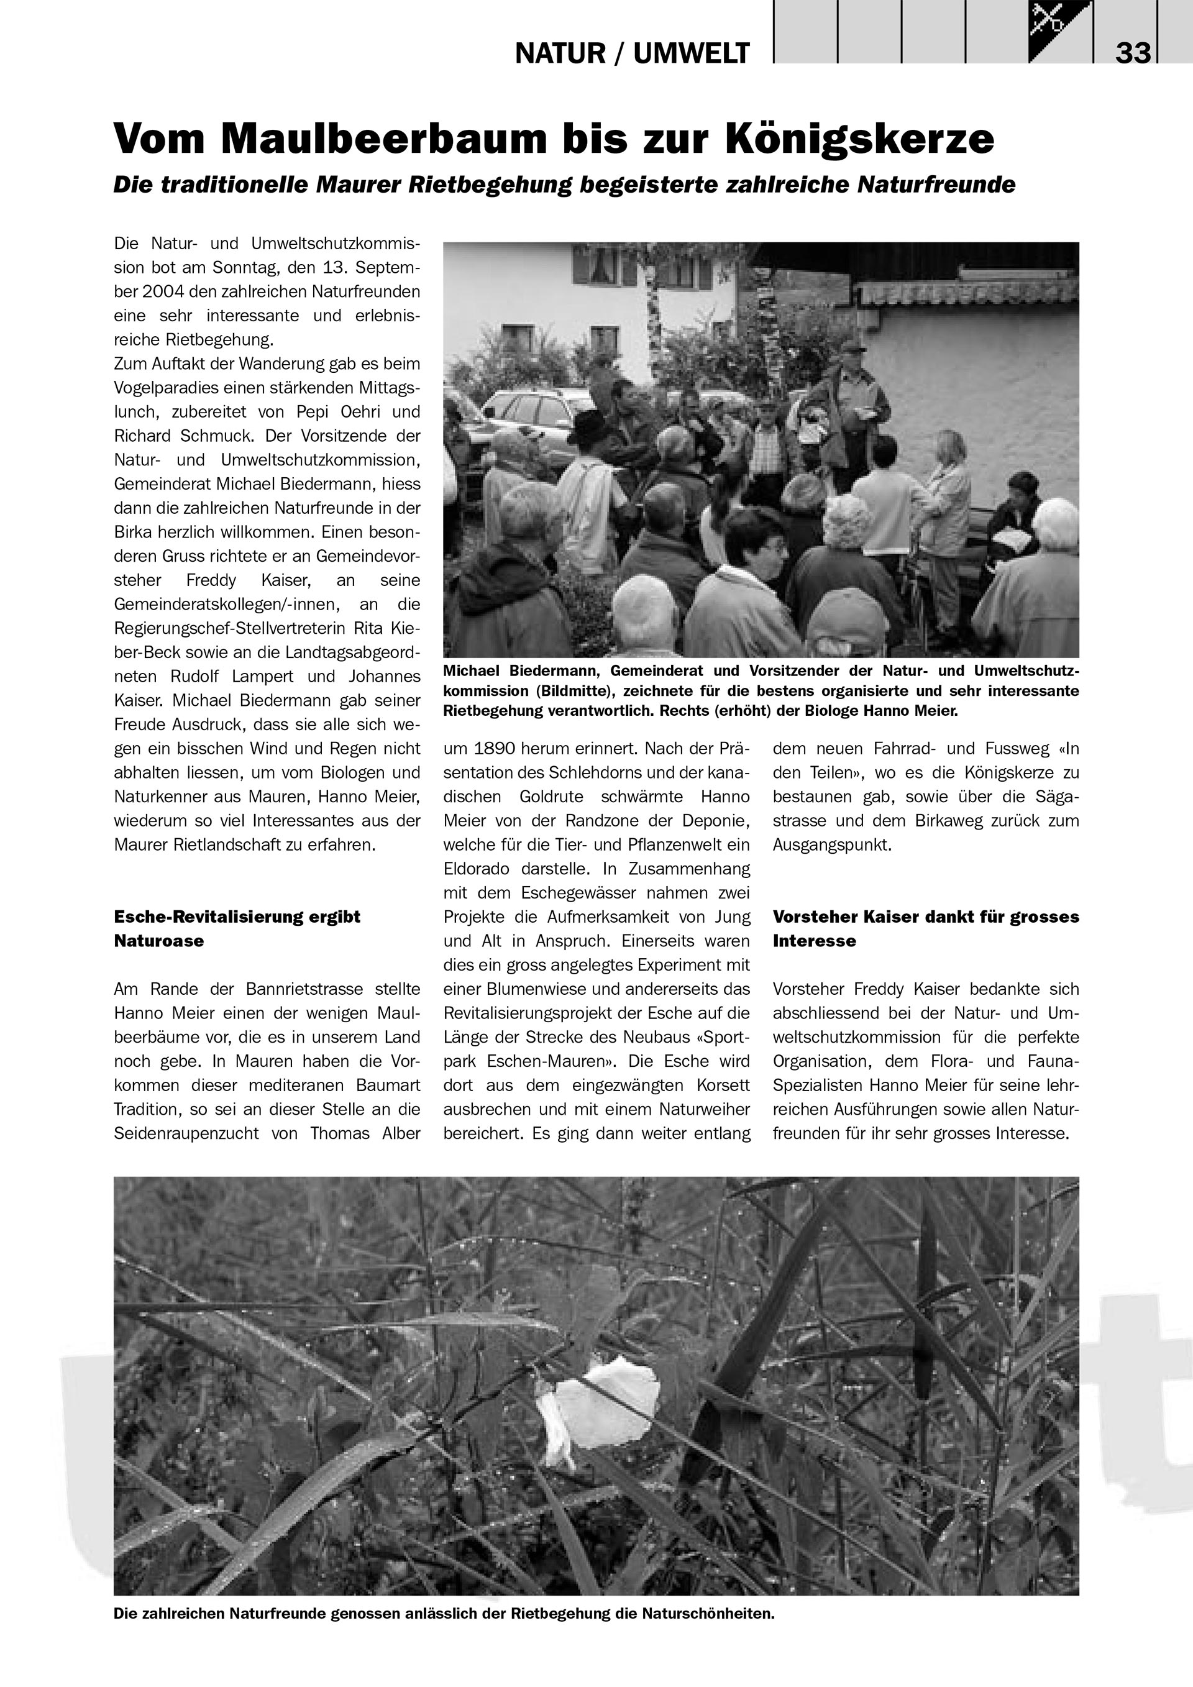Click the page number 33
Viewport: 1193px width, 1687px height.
click(1133, 53)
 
